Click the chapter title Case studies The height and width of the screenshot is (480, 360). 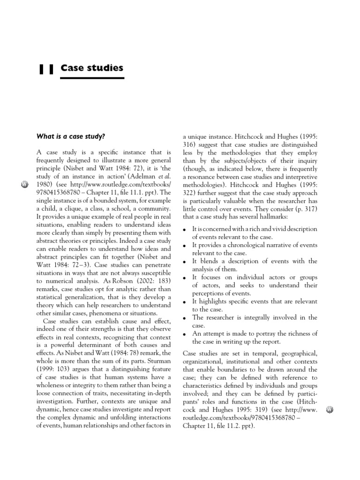[92, 68]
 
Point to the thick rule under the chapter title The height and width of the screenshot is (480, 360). [92, 78]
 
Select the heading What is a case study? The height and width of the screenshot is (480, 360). [71, 136]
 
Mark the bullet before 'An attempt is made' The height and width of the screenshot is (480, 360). [185, 335]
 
